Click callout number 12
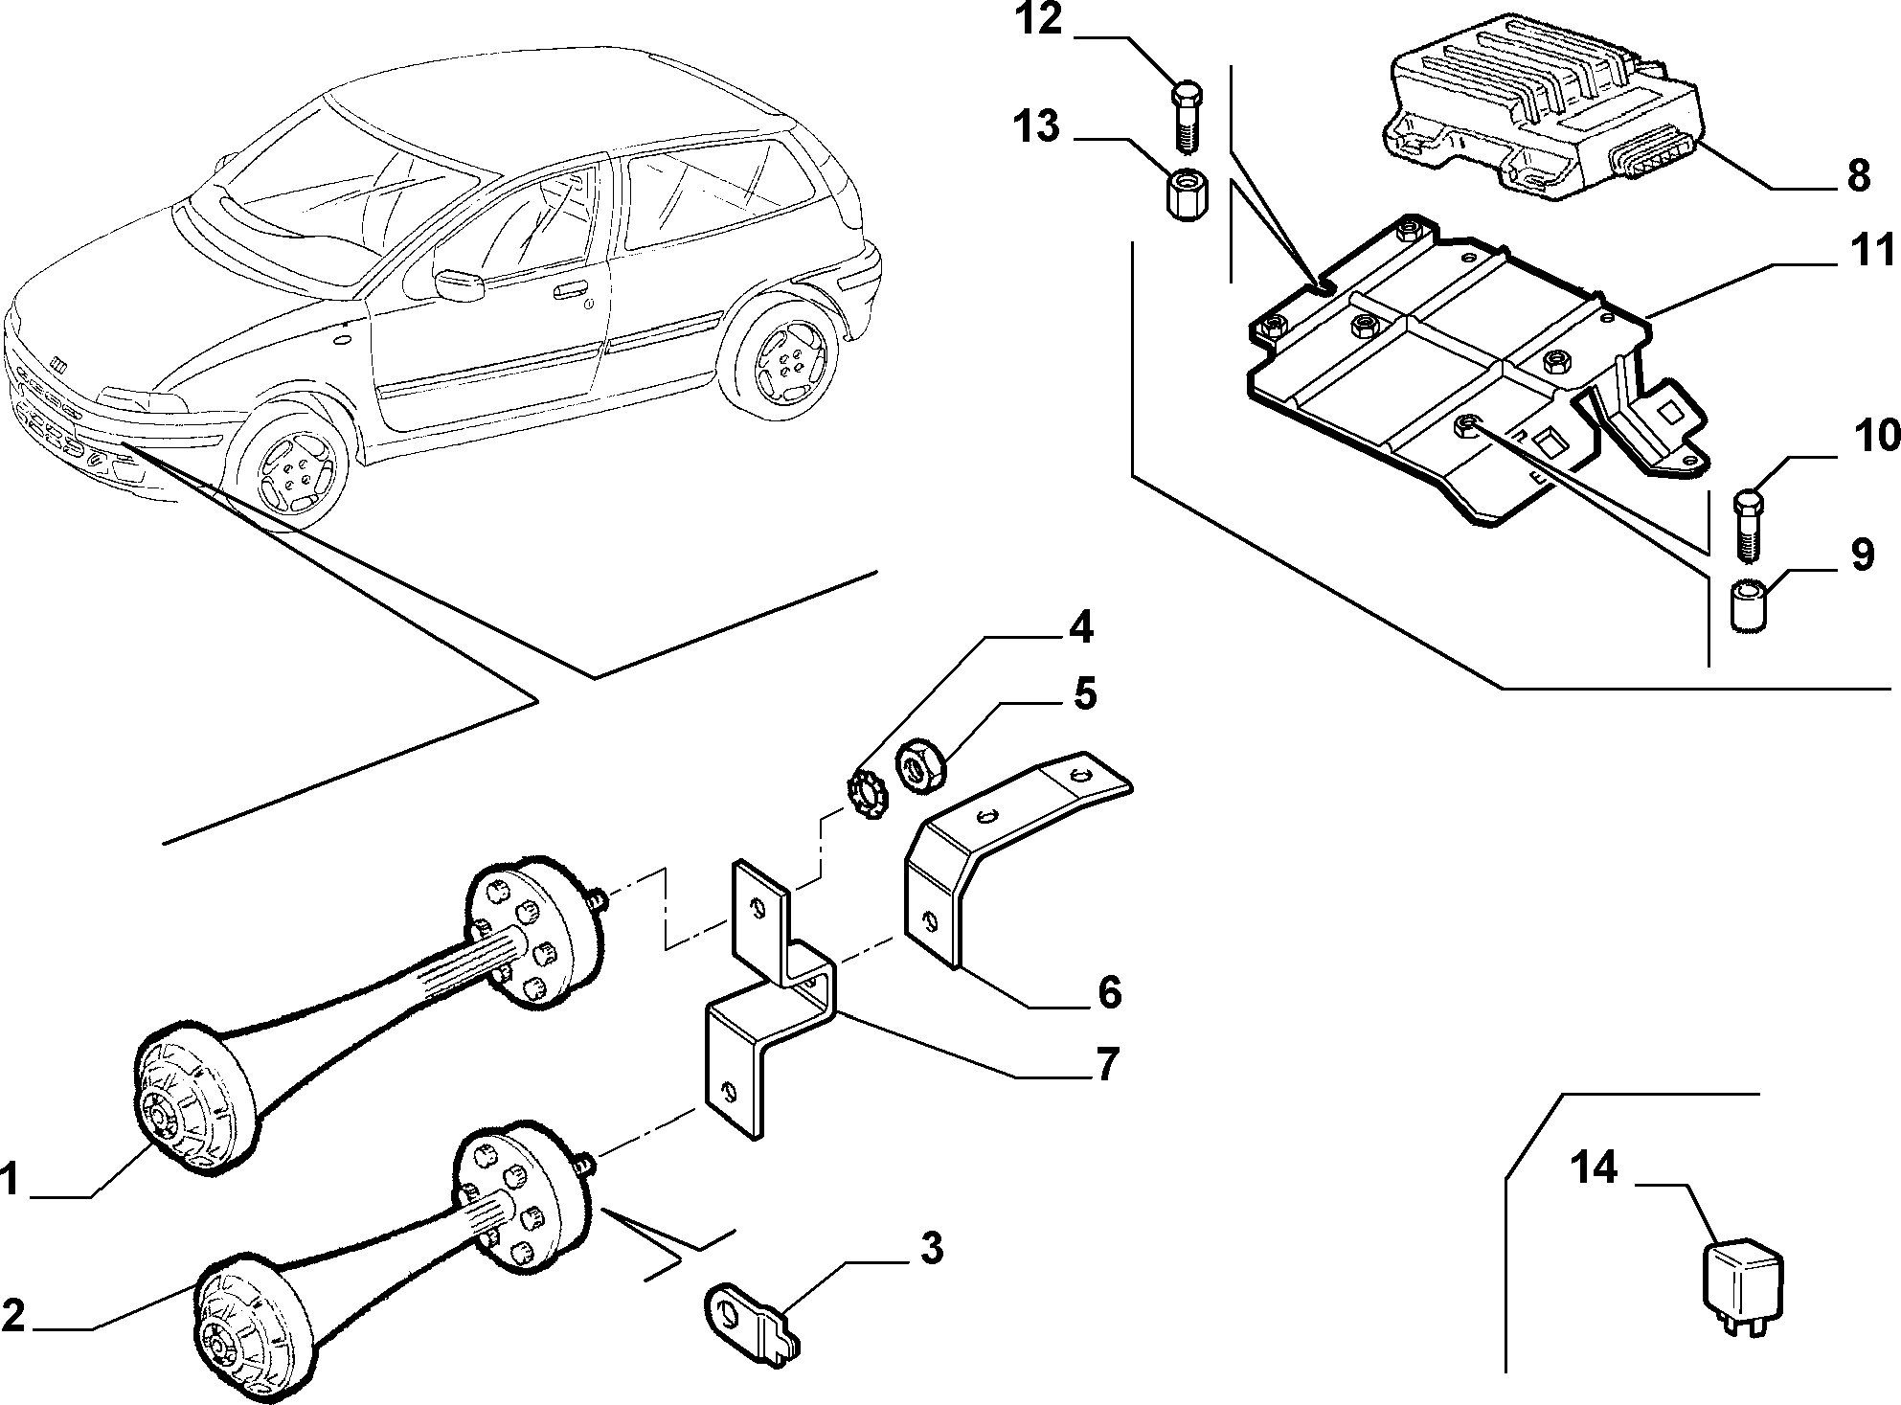1038,20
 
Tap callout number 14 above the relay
1595,1168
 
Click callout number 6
1110,992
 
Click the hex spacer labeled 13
1184,194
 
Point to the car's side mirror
458,284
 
